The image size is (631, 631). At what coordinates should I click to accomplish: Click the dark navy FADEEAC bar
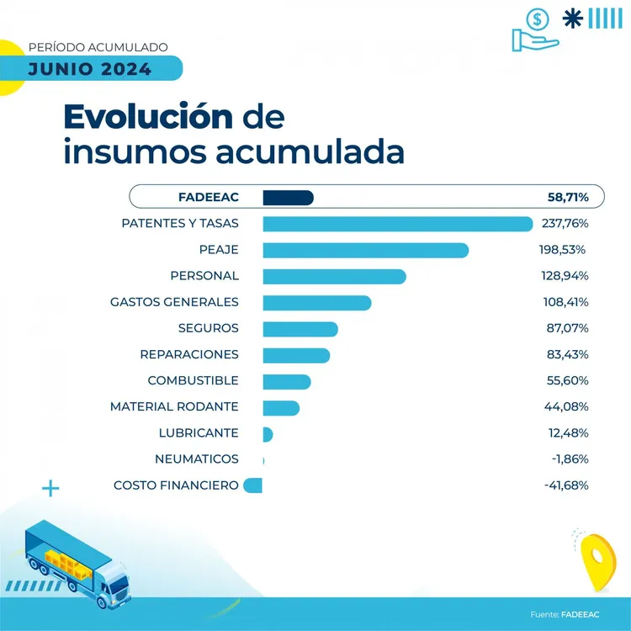(288, 198)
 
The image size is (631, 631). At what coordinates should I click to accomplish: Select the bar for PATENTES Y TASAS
(398, 224)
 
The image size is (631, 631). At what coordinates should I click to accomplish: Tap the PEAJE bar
(365, 250)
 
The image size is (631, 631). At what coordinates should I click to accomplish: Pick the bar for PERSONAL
(334, 276)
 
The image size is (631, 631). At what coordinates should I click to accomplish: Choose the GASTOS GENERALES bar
(316, 302)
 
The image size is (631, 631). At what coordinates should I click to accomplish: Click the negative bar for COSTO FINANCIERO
(253, 485)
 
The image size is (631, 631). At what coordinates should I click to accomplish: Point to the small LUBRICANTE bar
(268, 433)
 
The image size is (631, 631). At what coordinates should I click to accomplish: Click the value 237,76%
(564, 224)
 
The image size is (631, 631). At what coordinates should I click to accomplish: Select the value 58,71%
(568, 198)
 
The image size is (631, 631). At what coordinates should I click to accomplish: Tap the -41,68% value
(566, 485)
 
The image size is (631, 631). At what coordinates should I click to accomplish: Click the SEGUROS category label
(208, 328)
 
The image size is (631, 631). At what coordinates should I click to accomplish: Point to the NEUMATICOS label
(197, 459)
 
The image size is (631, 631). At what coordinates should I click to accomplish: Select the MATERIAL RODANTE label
(174, 407)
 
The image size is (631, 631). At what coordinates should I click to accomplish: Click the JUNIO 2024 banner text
(90, 69)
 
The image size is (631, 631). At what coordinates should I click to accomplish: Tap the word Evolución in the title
(148, 117)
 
